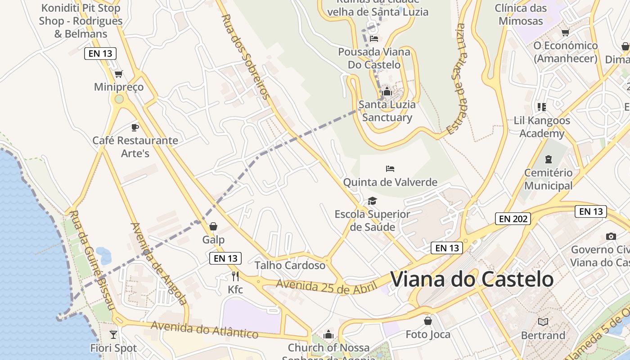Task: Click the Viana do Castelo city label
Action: tap(472, 279)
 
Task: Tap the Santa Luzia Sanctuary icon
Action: tap(387, 92)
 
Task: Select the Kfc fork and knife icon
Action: tap(235, 276)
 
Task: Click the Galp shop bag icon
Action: tap(213, 226)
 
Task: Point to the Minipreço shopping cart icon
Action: tap(118, 74)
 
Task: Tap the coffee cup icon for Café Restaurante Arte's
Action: tap(135, 127)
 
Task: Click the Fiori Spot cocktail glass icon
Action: tap(113, 334)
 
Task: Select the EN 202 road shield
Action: tap(513, 219)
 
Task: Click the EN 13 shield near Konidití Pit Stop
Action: tap(100, 54)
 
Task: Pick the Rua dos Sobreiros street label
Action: tap(246, 56)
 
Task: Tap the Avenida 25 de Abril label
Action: tap(326, 287)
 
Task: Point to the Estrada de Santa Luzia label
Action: tap(455, 79)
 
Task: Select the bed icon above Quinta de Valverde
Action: tap(390, 169)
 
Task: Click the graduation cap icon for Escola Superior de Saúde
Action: tap(372, 201)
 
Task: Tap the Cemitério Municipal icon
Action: tap(548, 159)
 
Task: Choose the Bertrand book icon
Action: tap(543, 322)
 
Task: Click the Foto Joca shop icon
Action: tap(428, 321)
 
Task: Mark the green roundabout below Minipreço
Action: tap(119, 99)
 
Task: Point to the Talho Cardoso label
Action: tap(290, 265)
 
